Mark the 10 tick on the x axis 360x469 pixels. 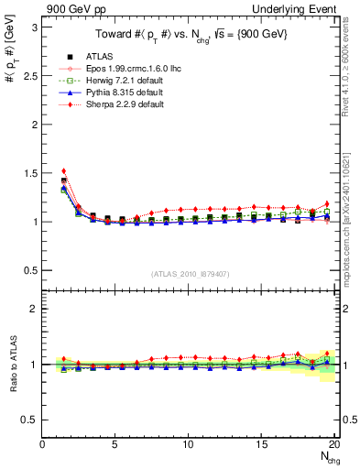pyautogui.click(x=188, y=444)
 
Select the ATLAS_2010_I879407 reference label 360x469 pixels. pyautogui.click(x=189, y=273)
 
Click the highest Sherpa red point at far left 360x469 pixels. pyautogui.click(x=63, y=170)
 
